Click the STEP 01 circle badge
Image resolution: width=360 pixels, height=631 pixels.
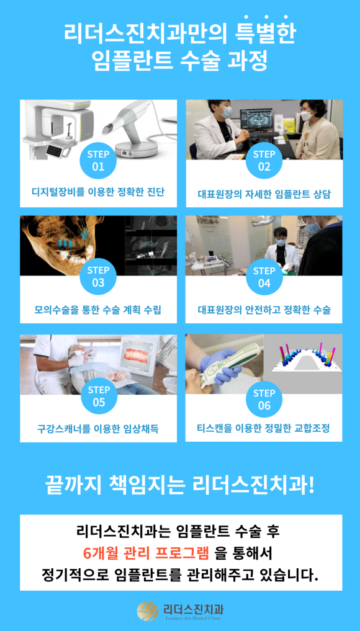[x=98, y=161]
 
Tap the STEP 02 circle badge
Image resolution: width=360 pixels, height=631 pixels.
[x=264, y=161]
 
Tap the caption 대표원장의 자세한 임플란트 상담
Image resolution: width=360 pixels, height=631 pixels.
[x=264, y=194]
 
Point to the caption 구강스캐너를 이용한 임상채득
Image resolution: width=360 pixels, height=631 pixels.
[x=98, y=428]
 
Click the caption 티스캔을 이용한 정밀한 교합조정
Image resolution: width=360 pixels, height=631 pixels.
[x=264, y=428]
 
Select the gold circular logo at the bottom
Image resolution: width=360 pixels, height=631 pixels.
[x=148, y=611]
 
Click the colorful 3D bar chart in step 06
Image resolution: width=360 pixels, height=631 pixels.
[x=304, y=360]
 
